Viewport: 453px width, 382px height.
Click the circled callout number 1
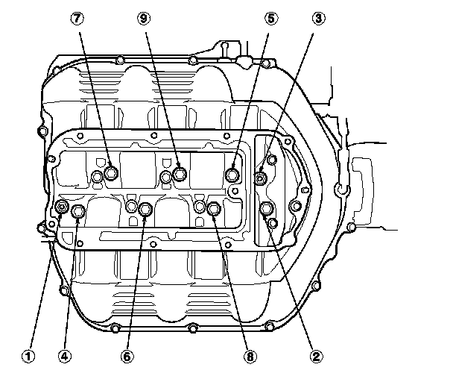(28, 357)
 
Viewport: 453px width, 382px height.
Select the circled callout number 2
(316, 357)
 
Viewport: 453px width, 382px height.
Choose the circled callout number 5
(270, 17)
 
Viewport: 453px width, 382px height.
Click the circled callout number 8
(248, 357)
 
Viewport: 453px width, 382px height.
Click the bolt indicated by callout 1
(63, 207)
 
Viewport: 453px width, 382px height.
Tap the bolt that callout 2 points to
(267, 208)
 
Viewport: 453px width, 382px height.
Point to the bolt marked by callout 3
(261, 178)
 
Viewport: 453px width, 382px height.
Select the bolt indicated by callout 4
(79, 213)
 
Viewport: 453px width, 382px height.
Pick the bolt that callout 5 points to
(233, 175)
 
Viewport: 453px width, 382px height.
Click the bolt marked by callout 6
(146, 210)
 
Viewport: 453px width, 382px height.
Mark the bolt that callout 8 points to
(213, 209)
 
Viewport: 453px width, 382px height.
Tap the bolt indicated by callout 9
(180, 174)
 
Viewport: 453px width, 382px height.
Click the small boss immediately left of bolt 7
(97, 177)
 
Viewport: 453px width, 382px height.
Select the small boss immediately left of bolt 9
(166, 177)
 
